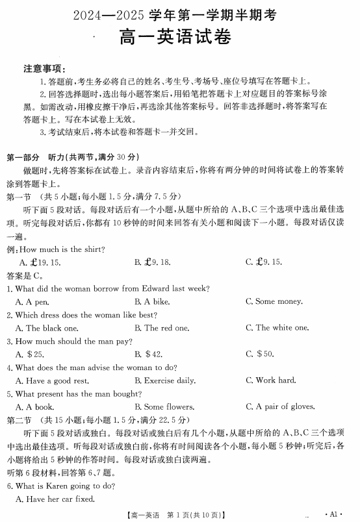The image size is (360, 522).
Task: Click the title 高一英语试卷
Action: point(180,40)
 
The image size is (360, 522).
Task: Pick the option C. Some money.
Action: point(274,301)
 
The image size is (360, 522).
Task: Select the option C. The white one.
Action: point(277,328)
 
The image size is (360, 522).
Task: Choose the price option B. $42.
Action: point(149,354)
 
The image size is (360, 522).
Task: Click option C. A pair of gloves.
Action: point(280,407)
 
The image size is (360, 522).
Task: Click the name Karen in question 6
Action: point(53,486)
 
